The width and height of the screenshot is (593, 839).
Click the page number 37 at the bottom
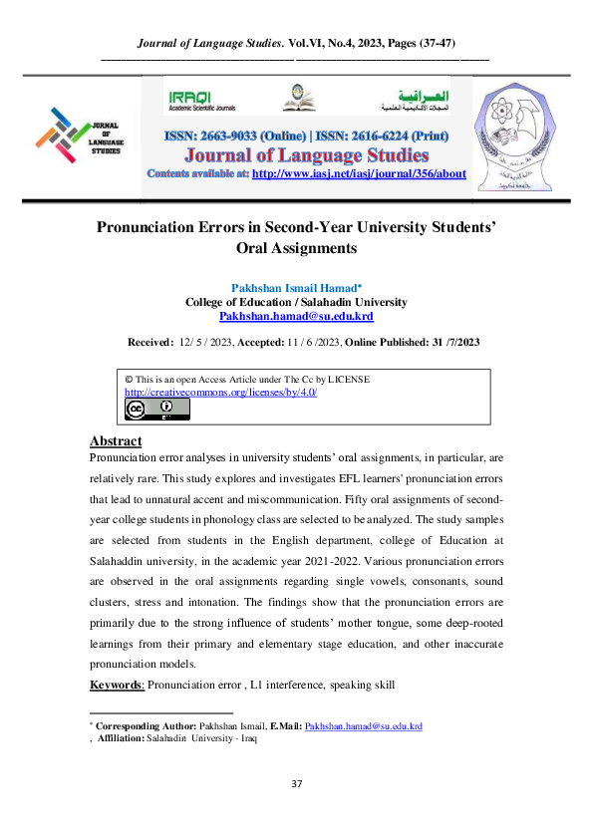tap(296, 784)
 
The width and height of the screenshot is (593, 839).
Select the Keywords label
tap(117, 686)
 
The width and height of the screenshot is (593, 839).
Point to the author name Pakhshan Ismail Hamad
tap(295, 287)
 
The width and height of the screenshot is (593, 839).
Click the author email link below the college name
tap(296, 315)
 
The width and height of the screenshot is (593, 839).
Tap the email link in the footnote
tap(363, 727)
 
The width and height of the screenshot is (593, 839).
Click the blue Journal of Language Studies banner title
tap(296, 155)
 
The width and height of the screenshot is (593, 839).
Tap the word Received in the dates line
tap(149, 343)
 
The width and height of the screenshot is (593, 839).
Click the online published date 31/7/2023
tap(445, 343)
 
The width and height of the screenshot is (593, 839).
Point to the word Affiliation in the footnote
tap(121, 740)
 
